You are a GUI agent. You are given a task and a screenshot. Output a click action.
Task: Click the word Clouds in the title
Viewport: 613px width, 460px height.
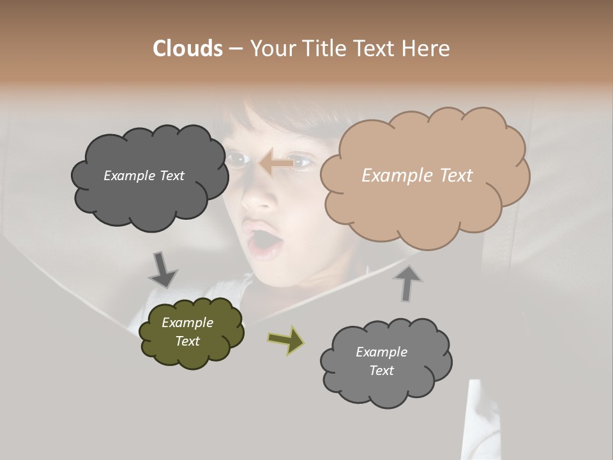point(188,49)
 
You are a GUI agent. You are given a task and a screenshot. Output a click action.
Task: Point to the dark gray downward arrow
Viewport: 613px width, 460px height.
point(163,270)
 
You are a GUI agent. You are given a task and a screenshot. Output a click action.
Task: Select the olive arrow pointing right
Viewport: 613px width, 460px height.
point(285,339)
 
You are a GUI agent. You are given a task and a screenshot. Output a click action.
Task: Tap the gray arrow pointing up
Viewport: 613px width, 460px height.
point(408,284)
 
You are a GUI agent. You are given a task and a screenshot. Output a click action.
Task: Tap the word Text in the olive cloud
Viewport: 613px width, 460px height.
point(187,341)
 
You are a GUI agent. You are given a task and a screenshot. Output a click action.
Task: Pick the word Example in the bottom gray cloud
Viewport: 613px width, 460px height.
point(381,352)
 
